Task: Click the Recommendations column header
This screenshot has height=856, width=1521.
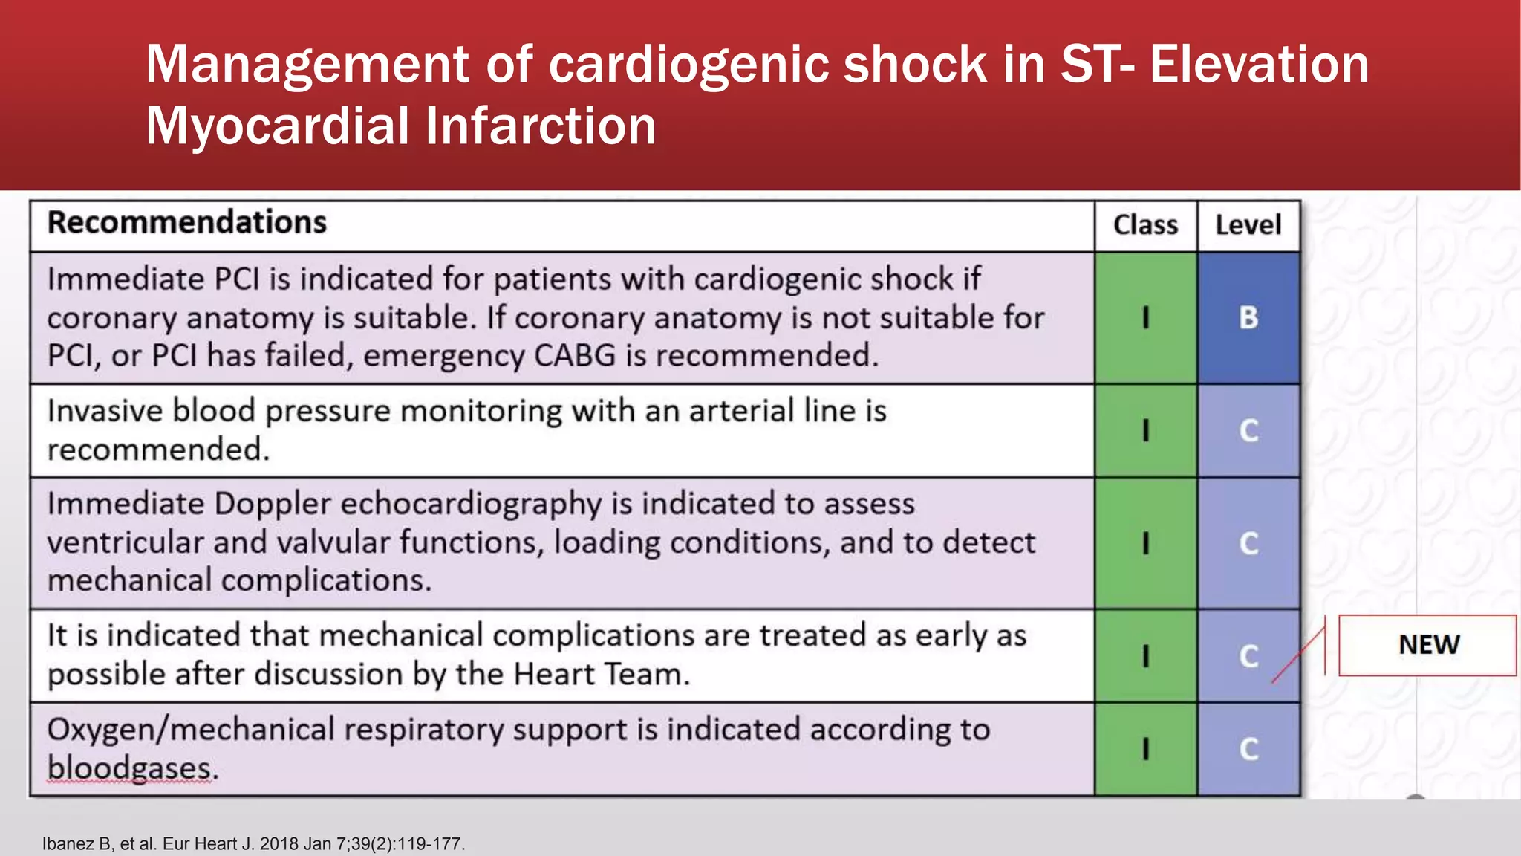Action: [x=187, y=223]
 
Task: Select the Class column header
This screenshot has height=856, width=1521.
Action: [x=1145, y=225]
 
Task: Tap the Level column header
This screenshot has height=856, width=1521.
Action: [x=1248, y=225]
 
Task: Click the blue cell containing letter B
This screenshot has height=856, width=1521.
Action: [x=1248, y=318]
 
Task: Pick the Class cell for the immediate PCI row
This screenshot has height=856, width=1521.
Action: [x=1145, y=318]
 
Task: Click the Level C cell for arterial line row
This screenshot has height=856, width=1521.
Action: [x=1248, y=431]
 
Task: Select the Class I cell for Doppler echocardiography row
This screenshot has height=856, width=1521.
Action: [x=1145, y=543]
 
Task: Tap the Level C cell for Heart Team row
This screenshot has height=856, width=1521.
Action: [x=1248, y=656]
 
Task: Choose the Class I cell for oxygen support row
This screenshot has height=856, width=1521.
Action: [x=1145, y=749]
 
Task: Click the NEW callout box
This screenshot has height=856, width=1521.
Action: [x=1427, y=645]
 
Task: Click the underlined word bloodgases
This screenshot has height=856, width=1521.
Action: [x=131, y=768]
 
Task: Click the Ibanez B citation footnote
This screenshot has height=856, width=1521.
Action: [x=253, y=844]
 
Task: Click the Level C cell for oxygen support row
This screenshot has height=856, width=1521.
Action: [x=1248, y=749]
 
